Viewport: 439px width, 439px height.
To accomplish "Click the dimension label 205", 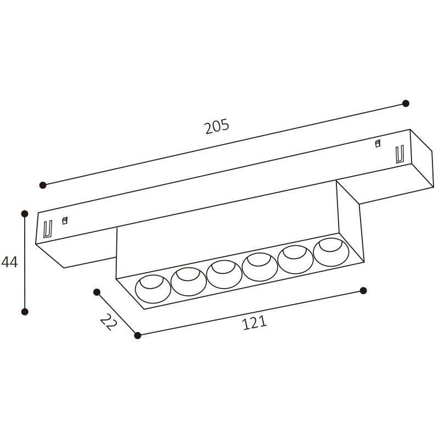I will point(217,127).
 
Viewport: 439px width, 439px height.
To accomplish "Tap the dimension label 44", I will point(9,262).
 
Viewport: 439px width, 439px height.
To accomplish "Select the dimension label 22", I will point(109,322).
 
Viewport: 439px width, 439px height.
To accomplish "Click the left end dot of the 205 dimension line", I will point(43,185).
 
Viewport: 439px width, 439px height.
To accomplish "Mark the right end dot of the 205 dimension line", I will point(406,103).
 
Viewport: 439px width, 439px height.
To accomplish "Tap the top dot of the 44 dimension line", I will point(25,213).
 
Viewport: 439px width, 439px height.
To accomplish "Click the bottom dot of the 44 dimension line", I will point(25,312).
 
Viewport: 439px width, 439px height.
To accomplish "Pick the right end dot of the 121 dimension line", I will point(363,290).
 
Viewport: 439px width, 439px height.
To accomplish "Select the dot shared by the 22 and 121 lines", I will point(137,335).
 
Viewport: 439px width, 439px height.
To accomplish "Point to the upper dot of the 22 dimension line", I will point(97,292).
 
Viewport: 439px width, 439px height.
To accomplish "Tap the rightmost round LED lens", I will point(331,252).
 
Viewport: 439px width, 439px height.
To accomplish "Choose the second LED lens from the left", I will point(188,282).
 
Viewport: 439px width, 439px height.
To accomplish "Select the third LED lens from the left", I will point(224,274).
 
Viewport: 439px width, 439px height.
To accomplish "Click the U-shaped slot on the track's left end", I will point(47,228).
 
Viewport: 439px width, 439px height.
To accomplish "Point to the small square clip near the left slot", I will point(64,221).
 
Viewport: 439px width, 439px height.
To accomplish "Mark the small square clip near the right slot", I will point(378,144).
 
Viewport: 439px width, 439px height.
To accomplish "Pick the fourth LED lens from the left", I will point(260,267).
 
